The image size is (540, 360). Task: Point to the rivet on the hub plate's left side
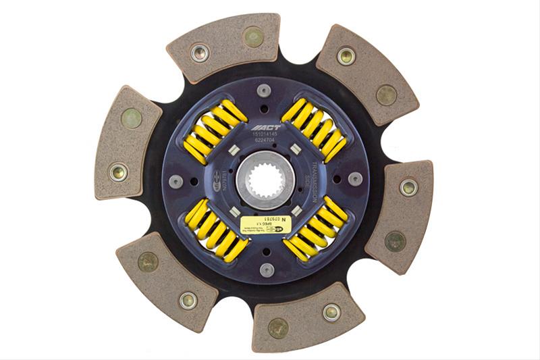(x=175, y=181)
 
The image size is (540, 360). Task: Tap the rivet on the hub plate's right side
(x=354, y=178)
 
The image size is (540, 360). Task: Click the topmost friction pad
(x=224, y=46)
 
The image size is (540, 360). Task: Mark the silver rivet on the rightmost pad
(x=408, y=187)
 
